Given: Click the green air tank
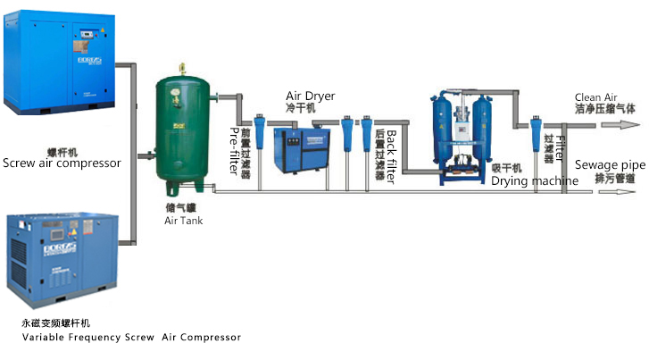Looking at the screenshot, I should coord(184,130).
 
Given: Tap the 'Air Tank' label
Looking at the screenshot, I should coord(184,220).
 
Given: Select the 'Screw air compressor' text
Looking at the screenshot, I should coord(62,163).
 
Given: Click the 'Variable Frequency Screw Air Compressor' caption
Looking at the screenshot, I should coord(131,337).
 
